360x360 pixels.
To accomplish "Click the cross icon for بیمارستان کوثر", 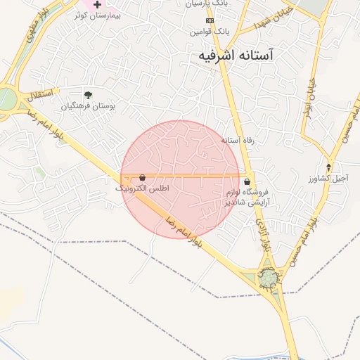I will (x=97, y=4).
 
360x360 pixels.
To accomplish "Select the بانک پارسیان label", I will (x=207, y=4).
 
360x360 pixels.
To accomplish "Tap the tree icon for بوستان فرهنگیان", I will (x=88, y=95).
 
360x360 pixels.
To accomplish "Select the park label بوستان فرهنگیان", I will (x=88, y=106).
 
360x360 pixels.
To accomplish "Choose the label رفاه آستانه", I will (x=237, y=141).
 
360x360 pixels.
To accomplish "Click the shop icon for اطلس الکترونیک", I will (x=143, y=178).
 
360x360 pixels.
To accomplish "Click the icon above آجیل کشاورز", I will (x=328, y=167).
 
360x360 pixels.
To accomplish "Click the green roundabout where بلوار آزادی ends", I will (x=267, y=279).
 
